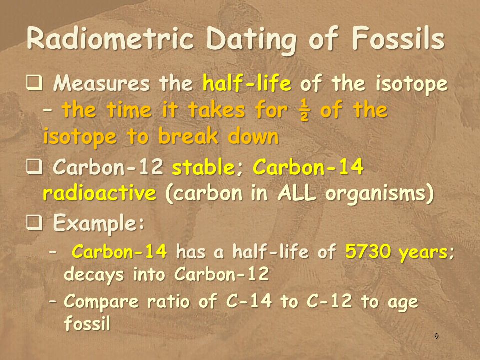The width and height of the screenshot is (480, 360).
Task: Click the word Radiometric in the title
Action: pyautogui.click(x=110, y=39)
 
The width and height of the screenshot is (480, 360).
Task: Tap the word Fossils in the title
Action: pyautogui.click(x=398, y=38)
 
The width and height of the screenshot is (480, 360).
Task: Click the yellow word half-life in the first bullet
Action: pyautogui.click(x=247, y=83)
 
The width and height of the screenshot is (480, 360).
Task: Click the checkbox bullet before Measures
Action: pyautogui.click(x=34, y=83)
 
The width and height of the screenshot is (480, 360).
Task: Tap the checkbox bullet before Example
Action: pyautogui.click(x=34, y=223)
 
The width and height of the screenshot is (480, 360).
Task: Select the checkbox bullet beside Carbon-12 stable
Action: pyautogui.click(x=34, y=167)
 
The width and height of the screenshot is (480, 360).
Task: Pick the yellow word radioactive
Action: pyautogui.click(x=100, y=193)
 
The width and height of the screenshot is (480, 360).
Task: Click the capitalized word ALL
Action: pyautogui.click(x=296, y=193)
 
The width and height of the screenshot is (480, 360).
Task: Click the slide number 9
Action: pyautogui.click(x=436, y=336)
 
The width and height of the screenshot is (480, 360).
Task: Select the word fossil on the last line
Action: pyautogui.click(x=87, y=323)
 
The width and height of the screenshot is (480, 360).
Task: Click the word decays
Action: pyautogui.click(x=94, y=275)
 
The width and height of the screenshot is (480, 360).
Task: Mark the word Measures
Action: pyautogui.click(x=101, y=83)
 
